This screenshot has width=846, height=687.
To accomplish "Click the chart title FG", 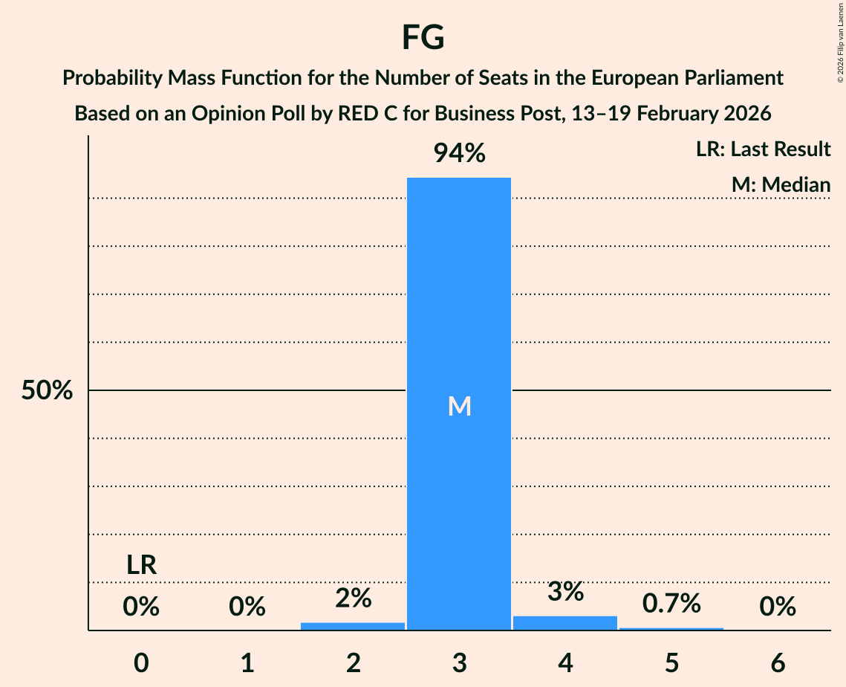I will pyautogui.click(x=423, y=37).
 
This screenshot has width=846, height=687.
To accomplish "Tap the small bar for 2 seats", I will pyautogui.click(x=353, y=626).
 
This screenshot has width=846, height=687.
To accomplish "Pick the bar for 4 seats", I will pyautogui.click(x=565, y=623).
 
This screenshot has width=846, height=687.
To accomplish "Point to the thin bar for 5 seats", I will pyautogui.click(x=671, y=629).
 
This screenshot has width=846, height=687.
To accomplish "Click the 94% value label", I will pyautogui.click(x=459, y=154).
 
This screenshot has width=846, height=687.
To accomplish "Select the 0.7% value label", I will pyautogui.click(x=671, y=604).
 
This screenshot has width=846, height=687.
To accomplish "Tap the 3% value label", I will pyautogui.click(x=565, y=592).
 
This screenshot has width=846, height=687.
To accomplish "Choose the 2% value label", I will pyautogui.click(x=353, y=598).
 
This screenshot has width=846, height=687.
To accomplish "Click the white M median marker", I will pyautogui.click(x=459, y=406).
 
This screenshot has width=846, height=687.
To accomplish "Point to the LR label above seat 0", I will pyautogui.click(x=141, y=565).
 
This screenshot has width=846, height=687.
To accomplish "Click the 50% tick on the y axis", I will pyautogui.click(x=47, y=390).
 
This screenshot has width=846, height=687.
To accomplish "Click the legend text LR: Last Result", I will pyautogui.click(x=763, y=149).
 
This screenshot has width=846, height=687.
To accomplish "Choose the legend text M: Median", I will pyautogui.click(x=781, y=184).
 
